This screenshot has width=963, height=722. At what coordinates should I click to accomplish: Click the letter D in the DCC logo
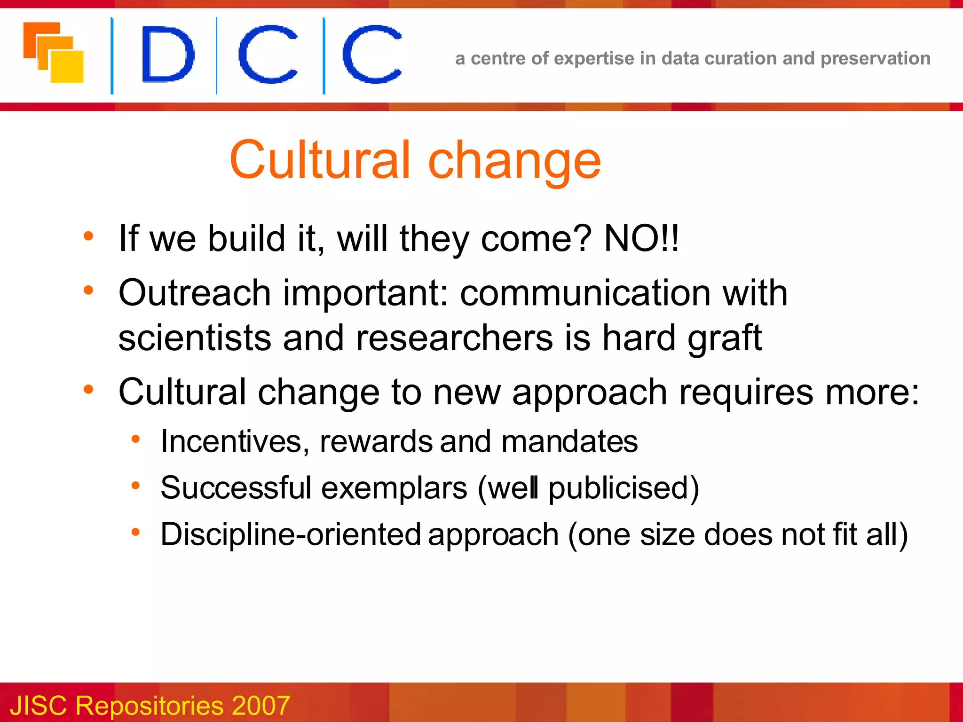point(168,54)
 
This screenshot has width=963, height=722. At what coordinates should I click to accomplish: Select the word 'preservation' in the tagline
point(875,58)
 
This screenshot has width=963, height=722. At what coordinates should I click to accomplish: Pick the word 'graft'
point(724,338)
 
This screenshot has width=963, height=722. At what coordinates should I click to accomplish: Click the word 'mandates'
point(569,441)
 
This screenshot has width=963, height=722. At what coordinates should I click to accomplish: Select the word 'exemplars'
point(394,487)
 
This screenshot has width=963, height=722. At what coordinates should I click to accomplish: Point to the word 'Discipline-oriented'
point(291,534)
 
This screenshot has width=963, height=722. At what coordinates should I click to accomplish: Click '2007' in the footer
point(260,705)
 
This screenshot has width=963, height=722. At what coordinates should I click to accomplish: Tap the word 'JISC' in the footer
point(39,705)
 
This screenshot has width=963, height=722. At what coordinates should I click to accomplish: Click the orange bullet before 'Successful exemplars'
point(136,485)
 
